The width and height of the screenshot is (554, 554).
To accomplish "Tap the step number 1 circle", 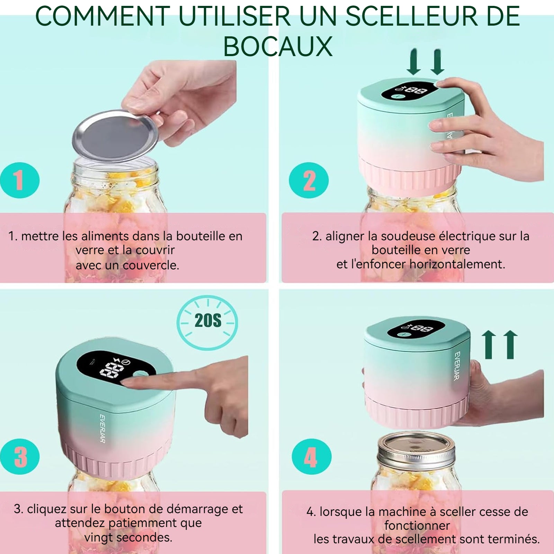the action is coord(19,180).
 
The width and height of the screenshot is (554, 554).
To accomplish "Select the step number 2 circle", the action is coord(309,180).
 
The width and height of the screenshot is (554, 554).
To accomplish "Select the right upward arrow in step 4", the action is coord(510,345).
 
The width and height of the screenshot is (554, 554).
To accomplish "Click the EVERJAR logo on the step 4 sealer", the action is coord(457,366).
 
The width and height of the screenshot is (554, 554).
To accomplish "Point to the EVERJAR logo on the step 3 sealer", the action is coord(102,429).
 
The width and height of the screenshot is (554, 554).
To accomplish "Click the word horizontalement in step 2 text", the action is coord(457,264).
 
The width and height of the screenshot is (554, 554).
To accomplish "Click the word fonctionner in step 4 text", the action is coord(417,525).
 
